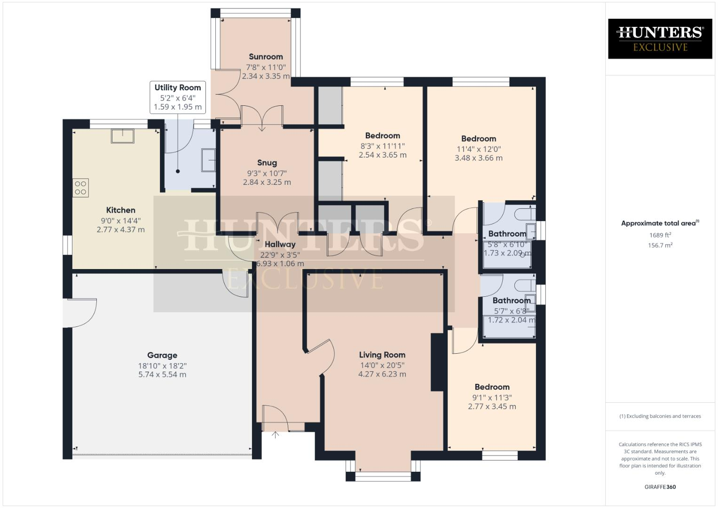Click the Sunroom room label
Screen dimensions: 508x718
[266, 57]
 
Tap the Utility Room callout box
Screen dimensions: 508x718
[178, 97]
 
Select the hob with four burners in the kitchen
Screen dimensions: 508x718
[80, 188]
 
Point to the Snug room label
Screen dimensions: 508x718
[267, 163]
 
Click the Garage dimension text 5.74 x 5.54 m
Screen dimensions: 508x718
[162, 375]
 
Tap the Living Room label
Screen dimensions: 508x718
[382, 355]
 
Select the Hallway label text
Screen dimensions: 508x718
[280, 244]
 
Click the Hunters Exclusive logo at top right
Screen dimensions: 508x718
[660, 39]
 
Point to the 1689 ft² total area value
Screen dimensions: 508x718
[660, 235]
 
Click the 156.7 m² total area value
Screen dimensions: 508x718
[660, 245]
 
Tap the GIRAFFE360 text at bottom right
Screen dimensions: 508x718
[660, 487]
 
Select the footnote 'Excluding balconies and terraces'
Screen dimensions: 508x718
[660, 416]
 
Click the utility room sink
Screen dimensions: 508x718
[208, 160]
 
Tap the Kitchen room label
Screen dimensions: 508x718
[120, 210]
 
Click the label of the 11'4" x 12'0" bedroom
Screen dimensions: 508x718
[478, 139]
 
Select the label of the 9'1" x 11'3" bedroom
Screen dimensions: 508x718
[492, 387]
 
